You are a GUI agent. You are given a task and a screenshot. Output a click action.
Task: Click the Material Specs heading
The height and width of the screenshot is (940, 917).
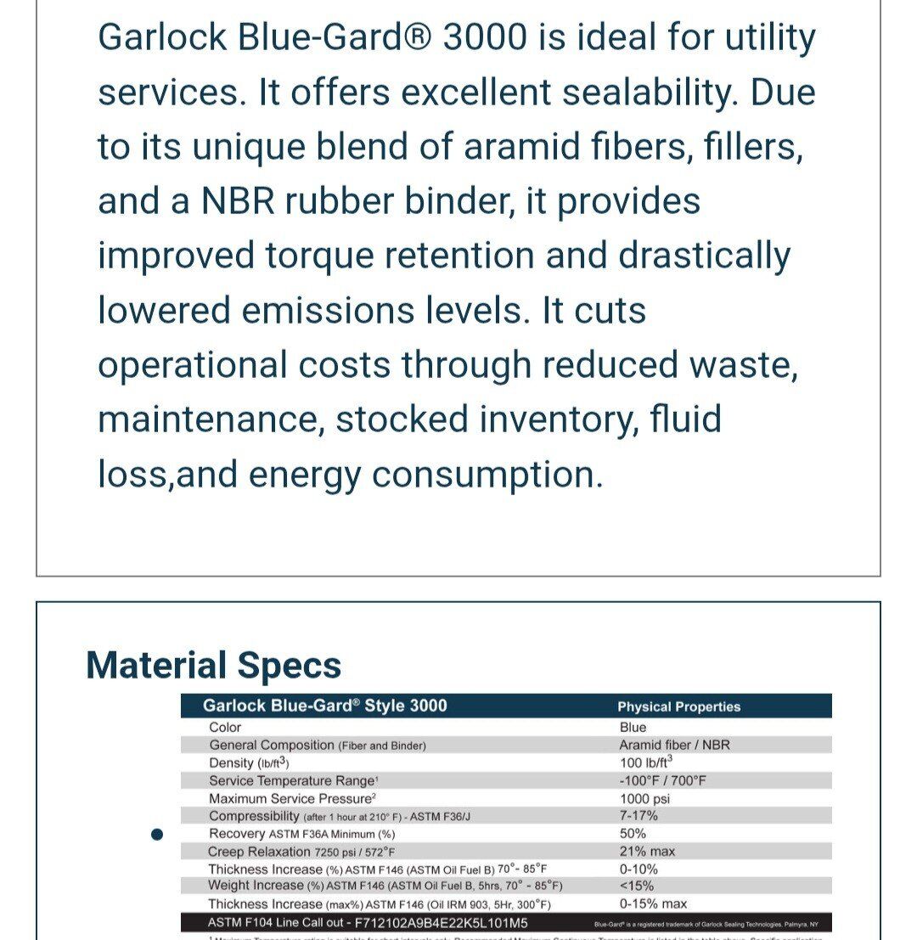point(214,665)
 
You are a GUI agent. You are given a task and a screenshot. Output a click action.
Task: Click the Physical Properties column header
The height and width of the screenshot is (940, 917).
point(678,706)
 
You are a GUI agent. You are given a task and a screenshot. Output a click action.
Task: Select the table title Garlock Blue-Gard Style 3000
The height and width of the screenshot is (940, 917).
point(324,706)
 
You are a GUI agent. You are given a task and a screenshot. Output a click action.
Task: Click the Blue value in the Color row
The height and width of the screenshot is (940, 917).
point(633,727)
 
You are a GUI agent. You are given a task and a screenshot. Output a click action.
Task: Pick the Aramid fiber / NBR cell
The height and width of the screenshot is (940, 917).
point(674,745)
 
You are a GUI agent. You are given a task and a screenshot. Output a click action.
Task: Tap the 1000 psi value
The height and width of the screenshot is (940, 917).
point(645,798)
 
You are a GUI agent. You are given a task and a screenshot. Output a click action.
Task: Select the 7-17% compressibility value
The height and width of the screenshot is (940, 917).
point(639,815)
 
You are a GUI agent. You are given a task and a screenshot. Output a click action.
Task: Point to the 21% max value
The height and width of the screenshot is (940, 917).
point(647,851)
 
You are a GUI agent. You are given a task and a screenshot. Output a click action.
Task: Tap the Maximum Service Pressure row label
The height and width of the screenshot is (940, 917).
point(292,798)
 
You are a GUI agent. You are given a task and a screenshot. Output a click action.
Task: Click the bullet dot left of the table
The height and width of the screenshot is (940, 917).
point(156,834)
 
